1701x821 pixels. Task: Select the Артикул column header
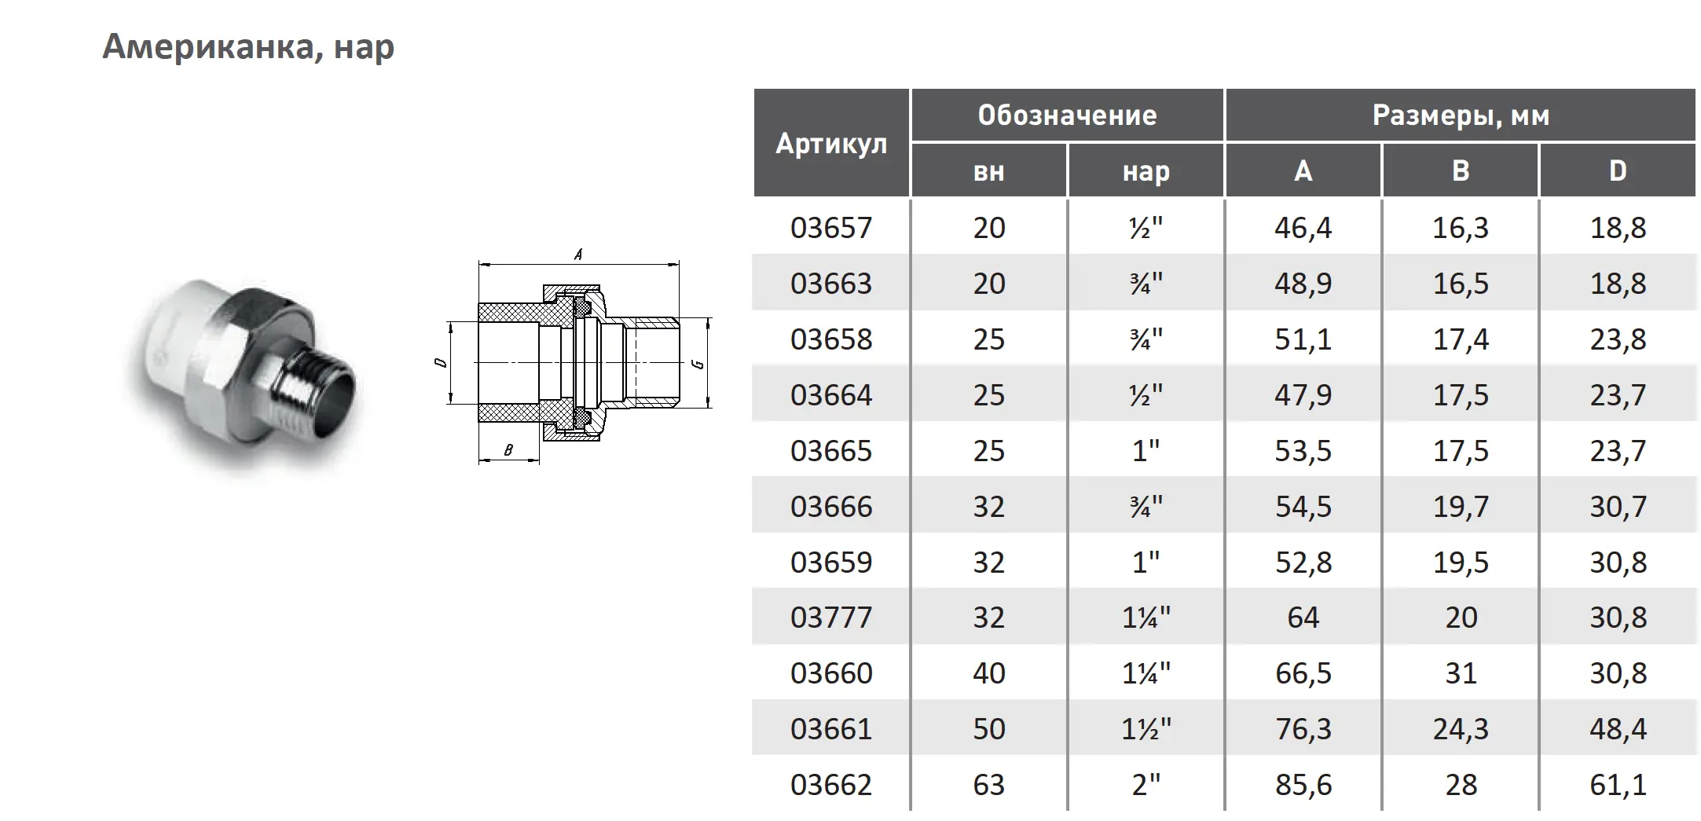[x=831, y=144]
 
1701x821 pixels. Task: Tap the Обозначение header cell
[x=1067, y=115]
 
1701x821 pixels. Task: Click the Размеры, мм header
[x=1461, y=115]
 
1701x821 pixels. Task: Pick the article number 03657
[x=831, y=228]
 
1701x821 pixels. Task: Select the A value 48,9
[x=1303, y=284]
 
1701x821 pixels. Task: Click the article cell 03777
[x=831, y=618]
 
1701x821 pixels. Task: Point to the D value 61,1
[x=1618, y=785]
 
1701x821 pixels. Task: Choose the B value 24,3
[x=1461, y=729]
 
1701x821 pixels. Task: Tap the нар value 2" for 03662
[x=1146, y=785]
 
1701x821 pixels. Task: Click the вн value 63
[x=988, y=785]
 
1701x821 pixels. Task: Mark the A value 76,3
[x=1303, y=729]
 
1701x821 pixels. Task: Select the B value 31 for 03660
[x=1461, y=673]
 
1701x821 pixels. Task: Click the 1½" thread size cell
[x=1146, y=729]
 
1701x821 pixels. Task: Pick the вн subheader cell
[x=988, y=171]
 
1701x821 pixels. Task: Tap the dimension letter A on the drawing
[x=578, y=255]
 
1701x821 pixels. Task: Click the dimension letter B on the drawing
[x=508, y=450]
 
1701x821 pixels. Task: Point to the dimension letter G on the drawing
[x=698, y=364]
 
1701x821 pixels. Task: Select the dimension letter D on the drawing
[x=441, y=362]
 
